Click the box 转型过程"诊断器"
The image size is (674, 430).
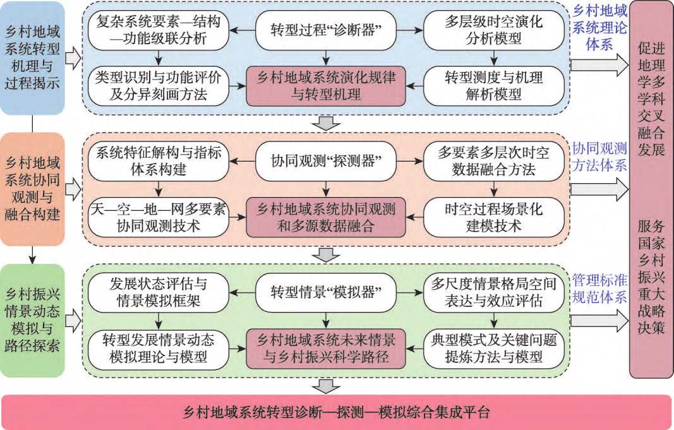[325, 30]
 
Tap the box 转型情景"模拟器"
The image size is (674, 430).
[325, 292]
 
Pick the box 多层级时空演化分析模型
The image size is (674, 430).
[493, 30]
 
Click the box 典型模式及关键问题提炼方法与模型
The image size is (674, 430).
[493, 348]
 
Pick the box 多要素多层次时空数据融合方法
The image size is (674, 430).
[493, 161]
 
